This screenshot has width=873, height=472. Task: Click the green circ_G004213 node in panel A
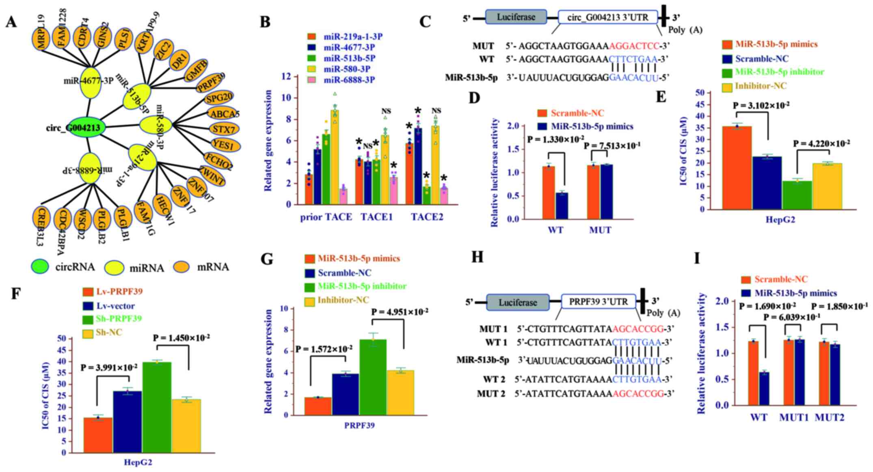86,129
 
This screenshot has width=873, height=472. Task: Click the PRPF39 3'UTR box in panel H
598,302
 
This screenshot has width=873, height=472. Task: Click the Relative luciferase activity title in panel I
701,353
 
